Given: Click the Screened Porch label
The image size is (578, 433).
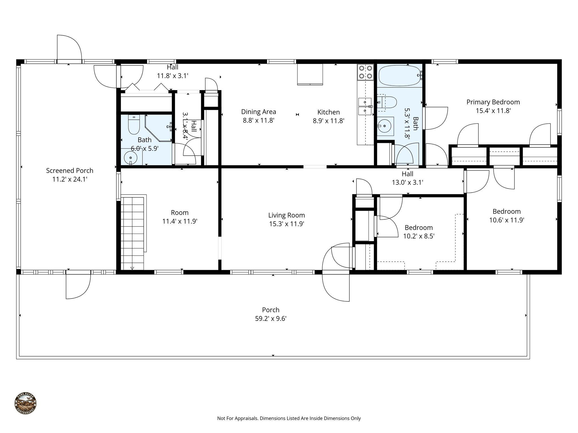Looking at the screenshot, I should (69, 171).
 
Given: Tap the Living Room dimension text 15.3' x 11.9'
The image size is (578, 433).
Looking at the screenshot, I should (286, 224).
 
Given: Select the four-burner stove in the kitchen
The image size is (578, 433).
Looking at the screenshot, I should (365, 72).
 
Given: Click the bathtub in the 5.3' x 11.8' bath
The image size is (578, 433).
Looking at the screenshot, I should (400, 75).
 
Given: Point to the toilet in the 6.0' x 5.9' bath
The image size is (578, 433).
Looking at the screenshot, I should (134, 125).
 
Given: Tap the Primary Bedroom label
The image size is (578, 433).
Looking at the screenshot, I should (493, 102).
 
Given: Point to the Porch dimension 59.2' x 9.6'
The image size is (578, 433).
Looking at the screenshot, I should (271, 319).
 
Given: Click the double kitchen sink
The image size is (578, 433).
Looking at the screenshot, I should (365, 107).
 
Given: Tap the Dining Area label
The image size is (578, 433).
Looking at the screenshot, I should (259, 112).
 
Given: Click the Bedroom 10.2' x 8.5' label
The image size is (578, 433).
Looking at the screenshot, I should (419, 228).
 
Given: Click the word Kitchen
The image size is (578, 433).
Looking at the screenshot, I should (328, 112).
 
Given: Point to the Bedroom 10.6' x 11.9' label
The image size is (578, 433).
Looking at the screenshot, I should (506, 212).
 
